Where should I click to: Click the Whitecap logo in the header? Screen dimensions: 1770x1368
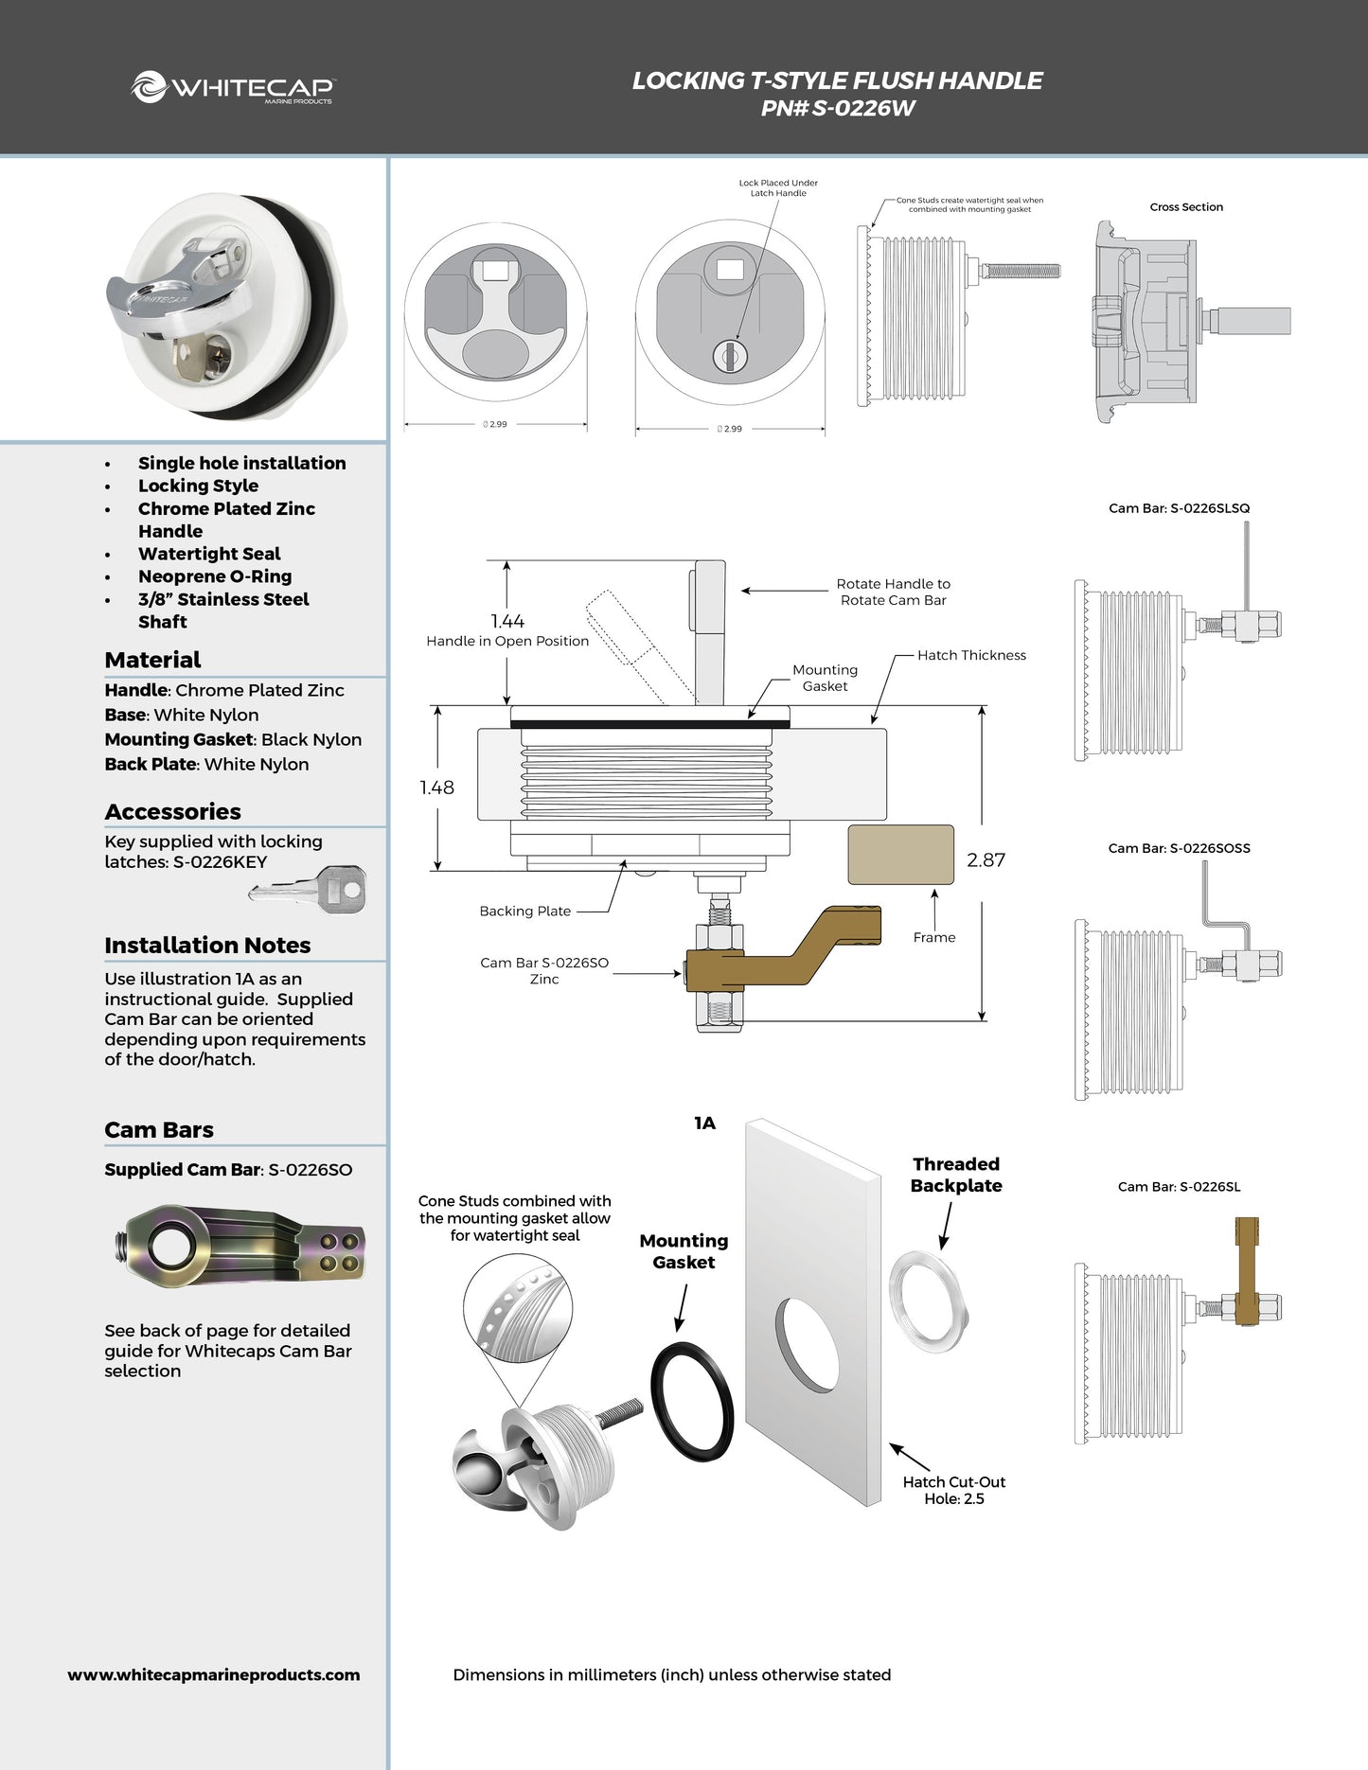[x=232, y=88]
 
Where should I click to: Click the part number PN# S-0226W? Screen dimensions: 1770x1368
[x=838, y=108]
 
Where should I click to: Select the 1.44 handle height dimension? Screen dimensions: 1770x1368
[x=507, y=621]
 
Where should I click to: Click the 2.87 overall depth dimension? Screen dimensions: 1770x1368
[x=986, y=859]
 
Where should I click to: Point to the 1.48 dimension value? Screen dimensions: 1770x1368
[x=436, y=787]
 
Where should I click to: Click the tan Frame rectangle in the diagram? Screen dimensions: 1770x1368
[x=900, y=855]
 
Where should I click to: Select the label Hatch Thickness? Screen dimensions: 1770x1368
[x=971, y=655]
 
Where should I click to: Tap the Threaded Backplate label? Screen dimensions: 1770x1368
[x=956, y=1175]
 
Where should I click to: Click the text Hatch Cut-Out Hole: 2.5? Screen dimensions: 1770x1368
[x=953, y=1490]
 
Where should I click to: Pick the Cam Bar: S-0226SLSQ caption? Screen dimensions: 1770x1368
[x=1179, y=508]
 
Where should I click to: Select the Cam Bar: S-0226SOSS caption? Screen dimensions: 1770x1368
[x=1179, y=848]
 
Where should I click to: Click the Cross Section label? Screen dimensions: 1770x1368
[x=1186, y=207]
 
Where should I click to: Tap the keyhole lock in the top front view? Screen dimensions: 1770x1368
[x=730, y=357]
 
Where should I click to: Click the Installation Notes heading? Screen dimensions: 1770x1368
[x=207, y=945]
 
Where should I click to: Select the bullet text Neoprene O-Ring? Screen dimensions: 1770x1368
[x=215, y=576]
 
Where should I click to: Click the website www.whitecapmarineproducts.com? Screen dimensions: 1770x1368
[x=214, y=1674]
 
